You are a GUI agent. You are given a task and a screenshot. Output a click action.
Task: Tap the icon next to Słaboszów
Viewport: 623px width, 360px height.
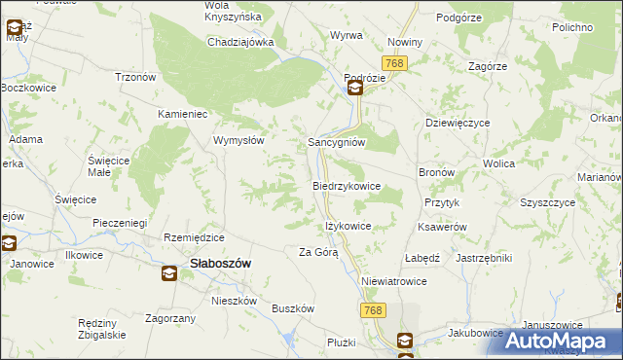pos(169,273)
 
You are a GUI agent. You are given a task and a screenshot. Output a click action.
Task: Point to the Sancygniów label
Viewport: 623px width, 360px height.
pos(336,141)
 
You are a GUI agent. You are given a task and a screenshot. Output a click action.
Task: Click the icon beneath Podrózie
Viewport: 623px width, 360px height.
pos(355,90)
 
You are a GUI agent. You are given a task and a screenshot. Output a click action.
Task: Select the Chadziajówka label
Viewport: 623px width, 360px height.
pos(240,43)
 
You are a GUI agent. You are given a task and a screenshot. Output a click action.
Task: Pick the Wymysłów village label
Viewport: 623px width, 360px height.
pos(239,140)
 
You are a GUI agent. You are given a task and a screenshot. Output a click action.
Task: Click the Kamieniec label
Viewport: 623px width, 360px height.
pos(185,114)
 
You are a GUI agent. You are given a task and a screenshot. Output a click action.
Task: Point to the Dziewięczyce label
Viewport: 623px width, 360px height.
pos(458,124)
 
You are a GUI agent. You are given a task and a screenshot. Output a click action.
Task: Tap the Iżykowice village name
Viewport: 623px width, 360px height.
pos(347,226)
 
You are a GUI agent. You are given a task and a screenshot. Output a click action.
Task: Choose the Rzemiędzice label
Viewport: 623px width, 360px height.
pos(195,237)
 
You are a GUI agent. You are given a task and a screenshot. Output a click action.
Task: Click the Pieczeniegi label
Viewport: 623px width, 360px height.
pos(125,223)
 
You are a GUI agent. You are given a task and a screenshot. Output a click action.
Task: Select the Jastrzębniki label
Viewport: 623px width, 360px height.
pos(484,258)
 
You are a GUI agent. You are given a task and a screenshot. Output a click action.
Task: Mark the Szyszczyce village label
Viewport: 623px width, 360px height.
pos(548,203)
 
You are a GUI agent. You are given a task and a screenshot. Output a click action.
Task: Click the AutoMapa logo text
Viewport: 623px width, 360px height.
pos(566,341)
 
